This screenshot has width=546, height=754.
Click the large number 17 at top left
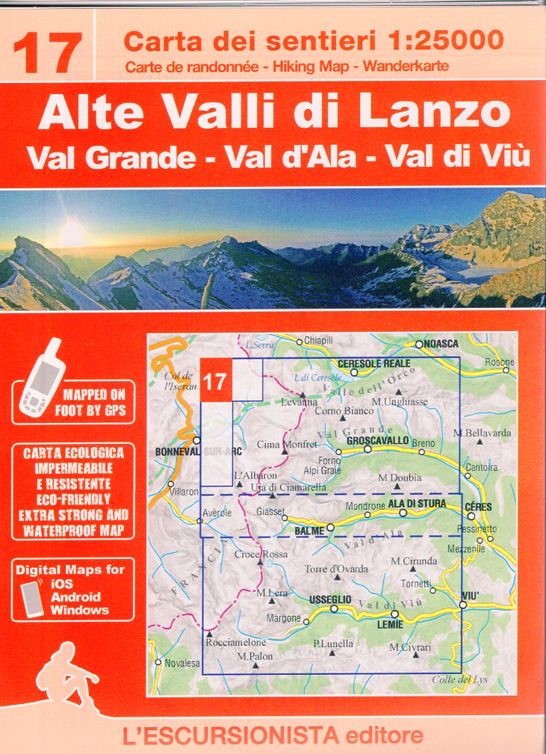pos(47,53)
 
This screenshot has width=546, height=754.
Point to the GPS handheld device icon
pos(41,377)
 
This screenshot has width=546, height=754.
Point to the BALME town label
pos(310,530)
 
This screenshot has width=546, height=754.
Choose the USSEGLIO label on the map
pos(329,600)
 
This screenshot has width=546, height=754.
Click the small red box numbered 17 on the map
pos(216,381)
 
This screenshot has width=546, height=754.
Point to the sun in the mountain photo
pos(72,234)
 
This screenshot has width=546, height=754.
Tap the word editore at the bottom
pos(382,735)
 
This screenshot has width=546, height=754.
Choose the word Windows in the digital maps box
pos(79,609)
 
